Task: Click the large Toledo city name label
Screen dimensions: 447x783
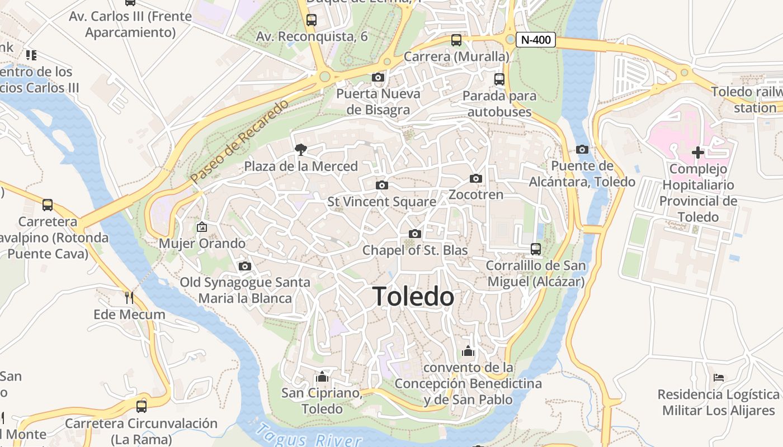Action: click(x=413, y=296)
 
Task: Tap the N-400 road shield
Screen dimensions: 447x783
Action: click(x=536, y=40)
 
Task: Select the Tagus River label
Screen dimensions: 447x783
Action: click(x=308, y=436)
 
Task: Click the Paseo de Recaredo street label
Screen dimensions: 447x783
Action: click(x=240, y=141)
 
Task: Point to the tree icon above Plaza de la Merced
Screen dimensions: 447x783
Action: click(x=301, y=149)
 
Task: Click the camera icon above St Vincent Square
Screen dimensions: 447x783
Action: click(x=382, y=185)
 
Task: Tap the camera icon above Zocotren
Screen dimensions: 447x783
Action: click(x=476, y=178)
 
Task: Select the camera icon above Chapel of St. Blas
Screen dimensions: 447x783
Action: click(x=414, y=234)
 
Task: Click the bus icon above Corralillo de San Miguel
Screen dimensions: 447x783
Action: click(x=536, y=249)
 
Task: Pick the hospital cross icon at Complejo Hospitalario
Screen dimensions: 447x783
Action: click(x=698, y=152)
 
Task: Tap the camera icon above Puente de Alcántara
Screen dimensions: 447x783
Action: click(x=582, y=149)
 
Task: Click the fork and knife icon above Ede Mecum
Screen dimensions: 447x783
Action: click(x=129, y=297)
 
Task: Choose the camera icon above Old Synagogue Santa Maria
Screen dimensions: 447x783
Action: click(x=244, y=266)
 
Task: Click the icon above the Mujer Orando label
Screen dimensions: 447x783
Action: click(x=202, y=227)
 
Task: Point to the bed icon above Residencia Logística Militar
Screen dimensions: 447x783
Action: click(x=719, y=378)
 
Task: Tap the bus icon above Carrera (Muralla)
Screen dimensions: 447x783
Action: click(x=456, y=40)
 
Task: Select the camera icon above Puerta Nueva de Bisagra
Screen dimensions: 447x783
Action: click(x=378, y=77)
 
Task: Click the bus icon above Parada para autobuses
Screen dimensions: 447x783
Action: click(x=499, y=79)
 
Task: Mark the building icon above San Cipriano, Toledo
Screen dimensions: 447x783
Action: click(x=322, y=377)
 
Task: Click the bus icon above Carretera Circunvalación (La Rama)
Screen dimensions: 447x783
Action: click(x=141, y=406)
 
